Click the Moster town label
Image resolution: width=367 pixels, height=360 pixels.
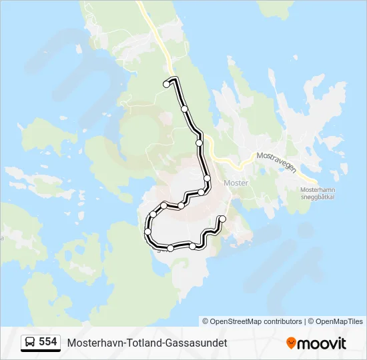(x=236, y=183)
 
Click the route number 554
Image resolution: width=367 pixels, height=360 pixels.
(x=47, y=342)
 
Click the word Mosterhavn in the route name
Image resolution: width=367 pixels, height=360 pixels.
(x=93, y=343)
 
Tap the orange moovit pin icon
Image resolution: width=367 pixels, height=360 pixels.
(x=291, y=343)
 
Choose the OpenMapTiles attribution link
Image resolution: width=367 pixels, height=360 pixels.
(x=338, y=321)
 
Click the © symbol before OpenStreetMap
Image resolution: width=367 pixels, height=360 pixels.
(x=206, y=321)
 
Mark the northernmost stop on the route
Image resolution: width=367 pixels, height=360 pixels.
(x=166, y=84)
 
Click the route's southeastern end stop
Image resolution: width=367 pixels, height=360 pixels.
(x=222, y=219)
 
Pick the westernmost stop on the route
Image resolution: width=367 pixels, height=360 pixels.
(x=147, y=231)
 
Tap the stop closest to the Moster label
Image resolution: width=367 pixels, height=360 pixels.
(x=208, y=179)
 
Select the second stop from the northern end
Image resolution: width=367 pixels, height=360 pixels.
(x=184, y=109)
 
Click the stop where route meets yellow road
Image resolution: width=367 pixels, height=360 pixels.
(x=199, y=143)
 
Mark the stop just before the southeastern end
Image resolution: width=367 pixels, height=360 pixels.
(x=193, y=247)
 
